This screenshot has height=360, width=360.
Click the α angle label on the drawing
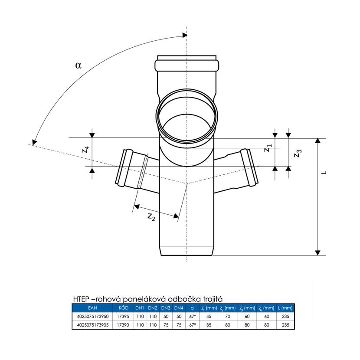pyautogui.click(x=79, y=65)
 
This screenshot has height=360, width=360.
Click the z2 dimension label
pyautogui.click(x=151, y=217)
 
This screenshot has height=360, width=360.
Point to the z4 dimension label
pyautogui.click(x=85, y=150)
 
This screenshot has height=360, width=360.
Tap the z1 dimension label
pyautogui.click(x=268, y=148)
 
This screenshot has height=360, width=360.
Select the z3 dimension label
pyautogui.click(x=298, y=153)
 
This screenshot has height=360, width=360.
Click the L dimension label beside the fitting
pyautogui.click(x=324, y=173)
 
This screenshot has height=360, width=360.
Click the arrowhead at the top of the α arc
pyautogui.click(x=185, y=35)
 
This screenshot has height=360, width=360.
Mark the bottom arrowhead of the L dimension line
pyautogui.click(x=317, y=252)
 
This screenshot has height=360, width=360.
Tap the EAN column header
pyautogui.click(x=92, y=308)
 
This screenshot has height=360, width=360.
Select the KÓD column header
pyautogui.click(x=123, y=308)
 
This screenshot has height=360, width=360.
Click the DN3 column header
pyautogui.click(x=166, y=308)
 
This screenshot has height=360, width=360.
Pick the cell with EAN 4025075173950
pyautogui.click(x=93, y=316)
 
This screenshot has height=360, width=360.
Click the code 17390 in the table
pyautogui.click(x=123, y=325)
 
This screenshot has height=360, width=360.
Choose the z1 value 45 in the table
pyautogui.click(x=209, y=316)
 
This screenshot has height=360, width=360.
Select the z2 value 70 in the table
pyautogui.click(x=228, y=316)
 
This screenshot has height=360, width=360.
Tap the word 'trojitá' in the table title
pyautogui.click(x=213, y=299)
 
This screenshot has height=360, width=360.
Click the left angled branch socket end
pyautogui.click(x=124, y=167)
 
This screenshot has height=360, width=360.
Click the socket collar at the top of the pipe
pyautogui.click(x=187, y=65)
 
